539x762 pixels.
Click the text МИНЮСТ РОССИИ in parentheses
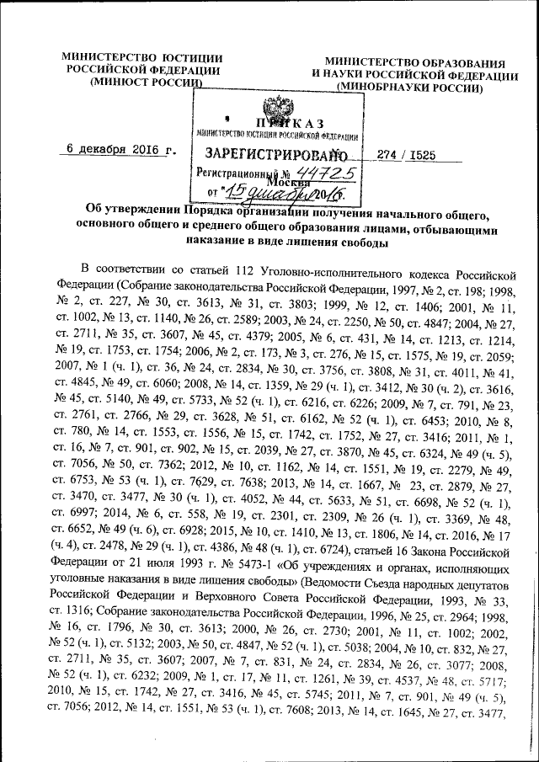coord(148,83)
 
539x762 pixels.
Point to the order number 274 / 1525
coord(411,157)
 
